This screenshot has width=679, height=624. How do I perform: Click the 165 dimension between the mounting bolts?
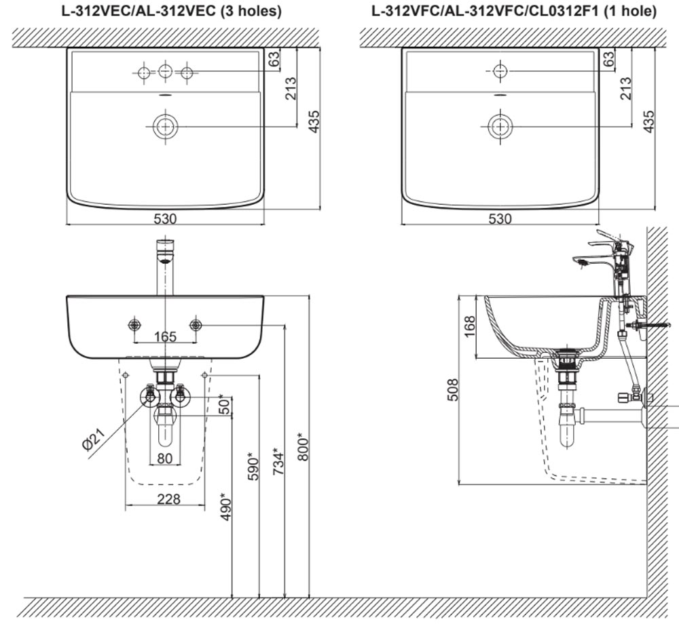pyautogui.click(x=165, y=336)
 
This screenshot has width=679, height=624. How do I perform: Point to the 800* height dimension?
pyautogui.click(x=304, y=448)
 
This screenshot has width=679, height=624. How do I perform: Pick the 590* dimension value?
pyautogui.click(x=253, y=466)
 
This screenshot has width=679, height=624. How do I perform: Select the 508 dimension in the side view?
pyautogui.click(x=454, y=389)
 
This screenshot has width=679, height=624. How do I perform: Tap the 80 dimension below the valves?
pyautogui.click(x=165, y=459)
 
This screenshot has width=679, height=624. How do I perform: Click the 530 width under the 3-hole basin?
pyautogui.click(x=165, y=218)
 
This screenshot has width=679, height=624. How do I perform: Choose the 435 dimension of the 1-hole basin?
pyautogui.click(x=649, y=122)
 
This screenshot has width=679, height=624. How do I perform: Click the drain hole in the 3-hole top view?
pyautogui.click(x=165, y=126)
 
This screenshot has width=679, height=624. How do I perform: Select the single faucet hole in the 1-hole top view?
pyautogui.click(x=500, y=71)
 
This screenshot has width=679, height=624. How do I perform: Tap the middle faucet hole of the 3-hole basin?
pyautogui.click(x=165, y=71)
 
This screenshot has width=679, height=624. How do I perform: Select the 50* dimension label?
pyautogui.click(x=225, y=405)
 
